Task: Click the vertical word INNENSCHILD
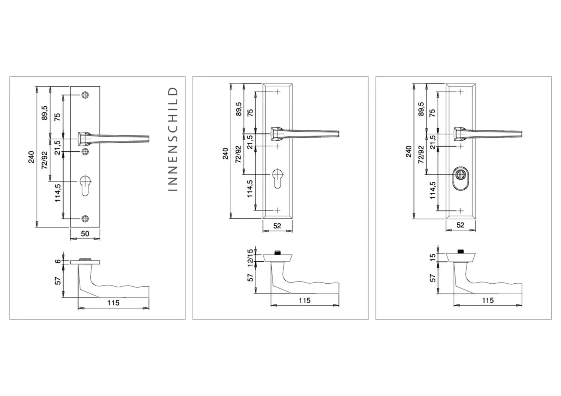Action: tap(173, 139)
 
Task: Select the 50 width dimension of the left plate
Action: tap(85, 234)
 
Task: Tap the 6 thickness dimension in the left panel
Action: tap(58, 261)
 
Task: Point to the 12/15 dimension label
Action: tap(250, 258)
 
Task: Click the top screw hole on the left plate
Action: tap(85, 95)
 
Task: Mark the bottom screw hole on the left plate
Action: tap(85, 219)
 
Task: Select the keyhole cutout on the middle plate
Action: tap(277, 178)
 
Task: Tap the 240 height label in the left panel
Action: tap(31, 157)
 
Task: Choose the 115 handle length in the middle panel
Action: tap(304, 300)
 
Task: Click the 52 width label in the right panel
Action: tap(460, 225)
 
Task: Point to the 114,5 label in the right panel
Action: tap(433, 191)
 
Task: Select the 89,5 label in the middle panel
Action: tap(238, 109)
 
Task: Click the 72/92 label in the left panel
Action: tap(45, 161)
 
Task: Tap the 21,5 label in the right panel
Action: tap(433, 142)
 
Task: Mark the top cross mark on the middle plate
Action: tap(277, 92)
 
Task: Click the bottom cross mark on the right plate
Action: tap(460, 211)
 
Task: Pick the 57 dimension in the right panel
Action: tap(433, 278)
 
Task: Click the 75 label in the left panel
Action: tap(57, 117)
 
